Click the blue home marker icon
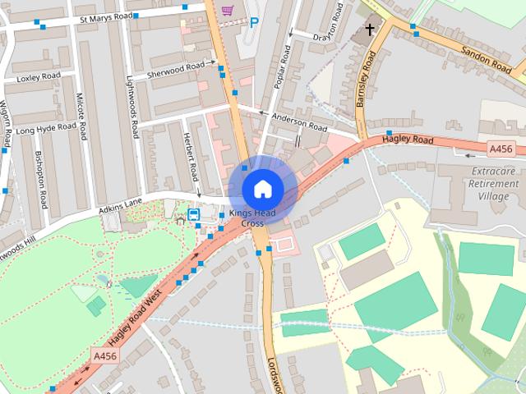point(261,188)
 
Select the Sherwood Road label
point(175,71)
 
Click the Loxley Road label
point(39,80)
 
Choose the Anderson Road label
point(300,123)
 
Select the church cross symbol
point(370,31)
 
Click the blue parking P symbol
point(254,23)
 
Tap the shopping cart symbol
point(228,10)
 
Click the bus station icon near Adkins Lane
point(194,215)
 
